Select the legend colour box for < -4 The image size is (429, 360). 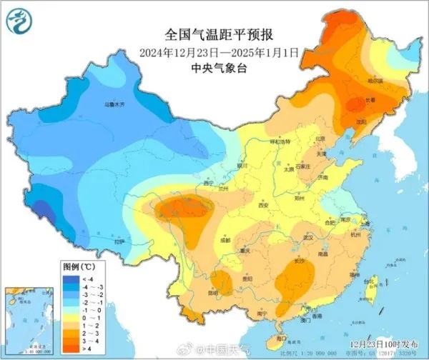tap(71, 279)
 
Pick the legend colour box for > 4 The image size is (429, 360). tap(71, 349)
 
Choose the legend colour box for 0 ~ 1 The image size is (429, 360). tap(71, 318)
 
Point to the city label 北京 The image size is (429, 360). tap(320, 139)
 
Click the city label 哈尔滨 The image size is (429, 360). tap(375, 81)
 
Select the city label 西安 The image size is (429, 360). tap(263, 204)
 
